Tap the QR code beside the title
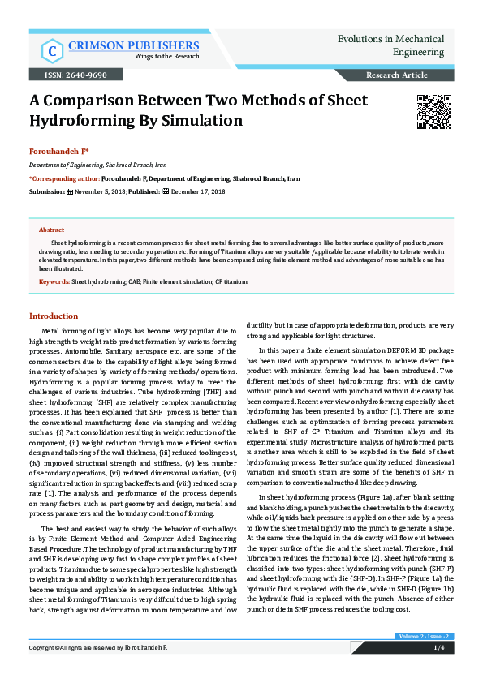tap(434, 112)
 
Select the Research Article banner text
tap(397, 75)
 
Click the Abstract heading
tap(52, 230)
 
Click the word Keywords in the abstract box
tap(54, 281)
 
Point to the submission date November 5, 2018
tap(98, 191)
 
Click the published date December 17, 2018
tap(198, 191)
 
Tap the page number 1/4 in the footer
tap(438, 671)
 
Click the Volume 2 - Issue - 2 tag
tap(423, 658)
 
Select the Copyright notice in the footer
tap(97, 671)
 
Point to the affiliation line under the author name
tap(82, 164)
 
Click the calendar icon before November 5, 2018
tap(69, 191)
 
